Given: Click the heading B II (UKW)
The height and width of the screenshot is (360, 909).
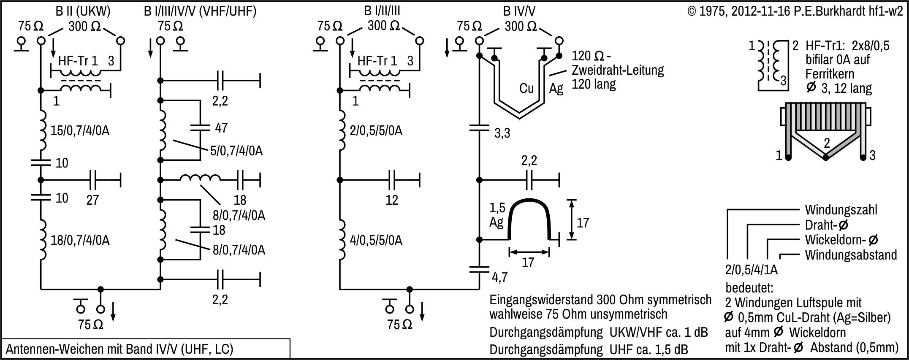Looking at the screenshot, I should [83, 11].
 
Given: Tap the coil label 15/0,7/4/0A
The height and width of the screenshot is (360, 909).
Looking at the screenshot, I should [80, 131].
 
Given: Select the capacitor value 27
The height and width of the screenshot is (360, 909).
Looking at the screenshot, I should [92, 200].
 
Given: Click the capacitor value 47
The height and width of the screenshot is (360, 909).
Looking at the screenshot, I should [221, 128].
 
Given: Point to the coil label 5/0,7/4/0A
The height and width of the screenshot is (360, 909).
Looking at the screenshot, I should [236, 151].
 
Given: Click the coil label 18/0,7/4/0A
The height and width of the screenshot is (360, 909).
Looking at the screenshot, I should [80, 241].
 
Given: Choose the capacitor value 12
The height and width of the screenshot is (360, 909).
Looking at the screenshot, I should [392, 200].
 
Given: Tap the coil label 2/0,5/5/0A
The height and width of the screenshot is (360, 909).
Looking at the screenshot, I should [376, 131].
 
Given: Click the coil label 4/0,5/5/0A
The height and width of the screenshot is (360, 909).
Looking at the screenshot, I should [376, 241].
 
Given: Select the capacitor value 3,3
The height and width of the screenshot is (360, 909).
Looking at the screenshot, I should [502, 133].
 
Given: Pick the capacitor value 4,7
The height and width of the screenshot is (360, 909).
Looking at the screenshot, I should [499, 277].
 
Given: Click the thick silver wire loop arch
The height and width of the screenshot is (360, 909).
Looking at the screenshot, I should [529, 203].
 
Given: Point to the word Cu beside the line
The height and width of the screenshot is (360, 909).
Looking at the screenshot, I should [526, 88].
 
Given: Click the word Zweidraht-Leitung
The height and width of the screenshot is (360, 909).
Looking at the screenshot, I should [618, 70].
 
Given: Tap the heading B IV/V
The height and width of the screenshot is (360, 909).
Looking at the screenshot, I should [519, 11].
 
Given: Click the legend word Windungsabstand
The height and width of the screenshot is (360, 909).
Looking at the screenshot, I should [851, 255].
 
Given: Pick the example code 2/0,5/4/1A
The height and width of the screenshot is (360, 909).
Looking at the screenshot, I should [751, 270].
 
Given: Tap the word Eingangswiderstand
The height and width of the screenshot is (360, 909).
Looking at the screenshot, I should [542, 300].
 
